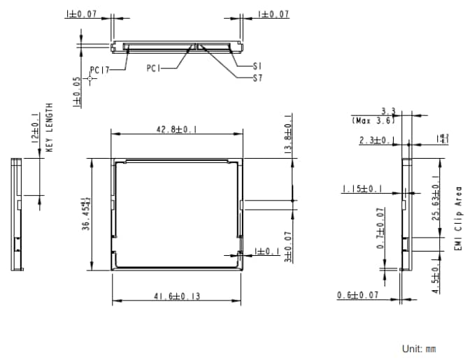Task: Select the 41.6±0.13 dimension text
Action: [x=176, y=296]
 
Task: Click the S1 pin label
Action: [x=257, y=66]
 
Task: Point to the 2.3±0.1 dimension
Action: [x=375, y=141]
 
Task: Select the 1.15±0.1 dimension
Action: [x=362, y=189]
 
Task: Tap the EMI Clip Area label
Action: [x=458, y=218]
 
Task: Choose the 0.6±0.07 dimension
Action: [x=357, y=296]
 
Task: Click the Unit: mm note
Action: [x=419, y=348]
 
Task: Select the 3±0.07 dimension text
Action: [x=289, y=243]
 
